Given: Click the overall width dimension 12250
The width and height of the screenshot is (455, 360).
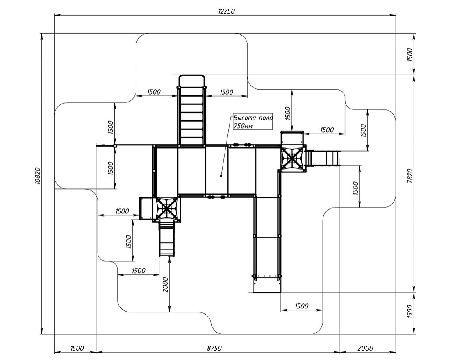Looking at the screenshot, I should click(x=226, y=11).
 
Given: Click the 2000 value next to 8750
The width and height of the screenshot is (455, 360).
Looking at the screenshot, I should click(x=365, y=348).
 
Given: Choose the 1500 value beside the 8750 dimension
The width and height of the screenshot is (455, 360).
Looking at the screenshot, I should click(x=77, y=348).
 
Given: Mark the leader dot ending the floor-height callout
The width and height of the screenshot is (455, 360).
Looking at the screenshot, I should click(x=221, y=176).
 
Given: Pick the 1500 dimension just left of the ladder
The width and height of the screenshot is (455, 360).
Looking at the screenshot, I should click(x=153, y=92).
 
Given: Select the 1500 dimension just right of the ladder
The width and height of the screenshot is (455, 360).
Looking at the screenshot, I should click(x=226, y=92).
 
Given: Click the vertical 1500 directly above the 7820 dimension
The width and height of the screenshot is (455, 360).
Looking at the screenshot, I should click(x=410, y=54).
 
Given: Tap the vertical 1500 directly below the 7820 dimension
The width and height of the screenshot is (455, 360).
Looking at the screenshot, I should click(x=410, y=312).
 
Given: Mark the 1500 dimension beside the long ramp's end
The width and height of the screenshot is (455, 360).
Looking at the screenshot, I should click(x=301, y=306).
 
